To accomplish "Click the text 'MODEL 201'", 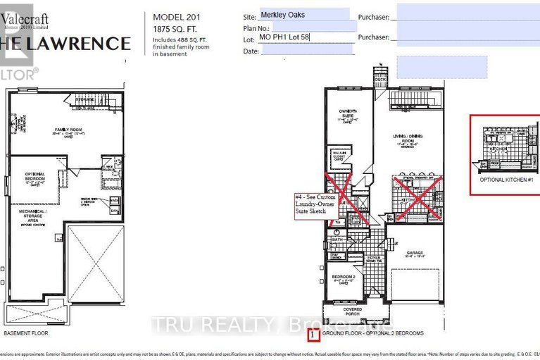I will [x=172, y=16].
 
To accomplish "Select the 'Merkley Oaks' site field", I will [x=305, y=14].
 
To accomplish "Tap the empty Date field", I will [x=305, y=51].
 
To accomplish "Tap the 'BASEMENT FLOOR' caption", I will [x=27, y=333].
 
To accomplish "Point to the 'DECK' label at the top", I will [x=379, y=80].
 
